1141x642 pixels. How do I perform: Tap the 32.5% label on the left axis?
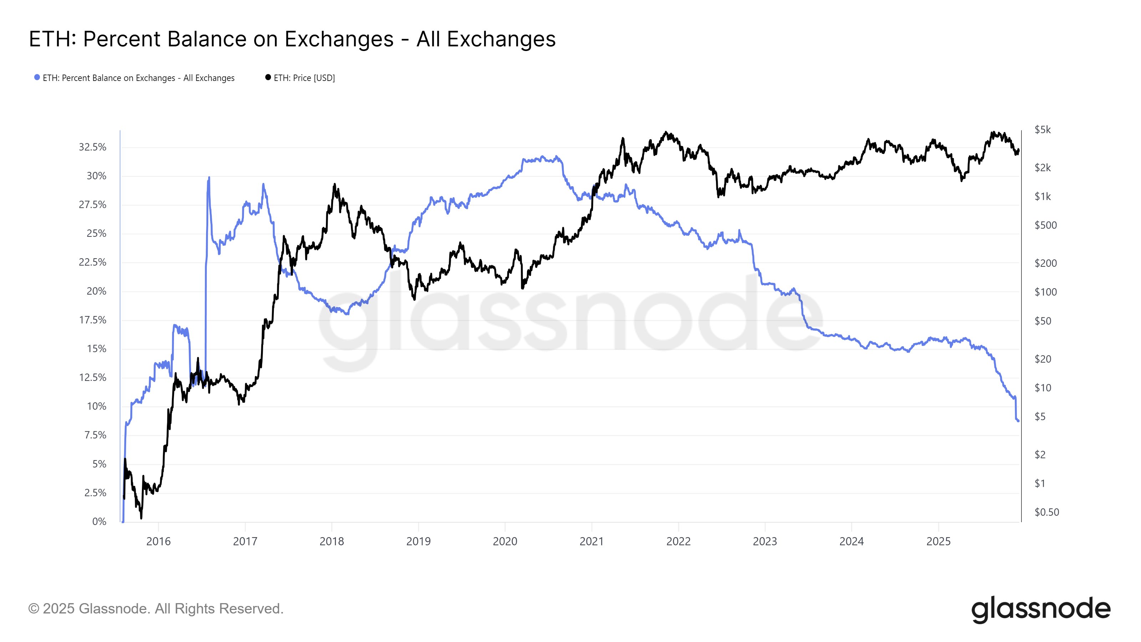[x=93, y=147]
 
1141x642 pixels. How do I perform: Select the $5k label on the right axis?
[x=1042, y=130]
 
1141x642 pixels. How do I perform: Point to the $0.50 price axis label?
[x=1046, y=512]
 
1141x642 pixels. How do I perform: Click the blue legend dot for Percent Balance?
[x=37, y=77]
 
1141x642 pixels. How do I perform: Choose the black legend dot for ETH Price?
[x=268, y=77]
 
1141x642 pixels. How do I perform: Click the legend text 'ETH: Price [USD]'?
[x=304, y=78]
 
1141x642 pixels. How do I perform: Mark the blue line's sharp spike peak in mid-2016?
[x=209, y=178]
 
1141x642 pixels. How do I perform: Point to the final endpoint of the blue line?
[x=1018, y=421]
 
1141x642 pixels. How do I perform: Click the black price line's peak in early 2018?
[x=334, y=184]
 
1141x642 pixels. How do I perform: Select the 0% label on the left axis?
[x=99, y=521]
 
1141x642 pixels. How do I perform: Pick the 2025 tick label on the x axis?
[x=938, y=541]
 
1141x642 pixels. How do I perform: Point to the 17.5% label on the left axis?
[x=93, y=320]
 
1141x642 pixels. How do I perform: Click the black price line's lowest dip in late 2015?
[x=141, y=518]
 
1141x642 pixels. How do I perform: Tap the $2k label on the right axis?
[x=1042, y=168]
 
